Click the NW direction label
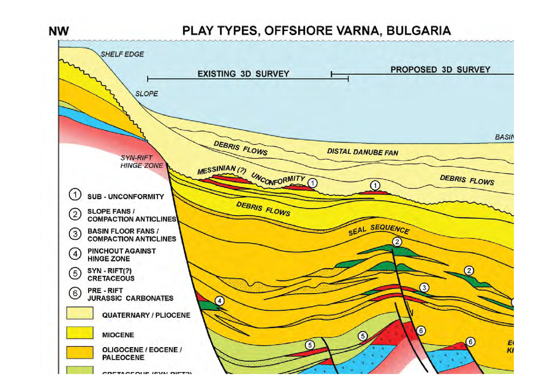click(x=58, y=32)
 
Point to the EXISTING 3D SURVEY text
click(x=243, y=74)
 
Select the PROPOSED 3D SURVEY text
click(x=440, y=69)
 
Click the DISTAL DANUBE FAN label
click(x=362, y=152)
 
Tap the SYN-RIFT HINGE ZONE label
click(x=138, y=161)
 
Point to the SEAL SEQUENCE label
click(x=379, y=230)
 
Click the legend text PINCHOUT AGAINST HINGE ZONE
click(x=121, y=255)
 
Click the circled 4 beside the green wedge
click(x=219, y=300)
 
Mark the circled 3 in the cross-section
click(x=424, y=287)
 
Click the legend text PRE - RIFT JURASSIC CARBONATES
click(x=130, y=295)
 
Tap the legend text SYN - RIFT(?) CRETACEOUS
click(x=111, y=275)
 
